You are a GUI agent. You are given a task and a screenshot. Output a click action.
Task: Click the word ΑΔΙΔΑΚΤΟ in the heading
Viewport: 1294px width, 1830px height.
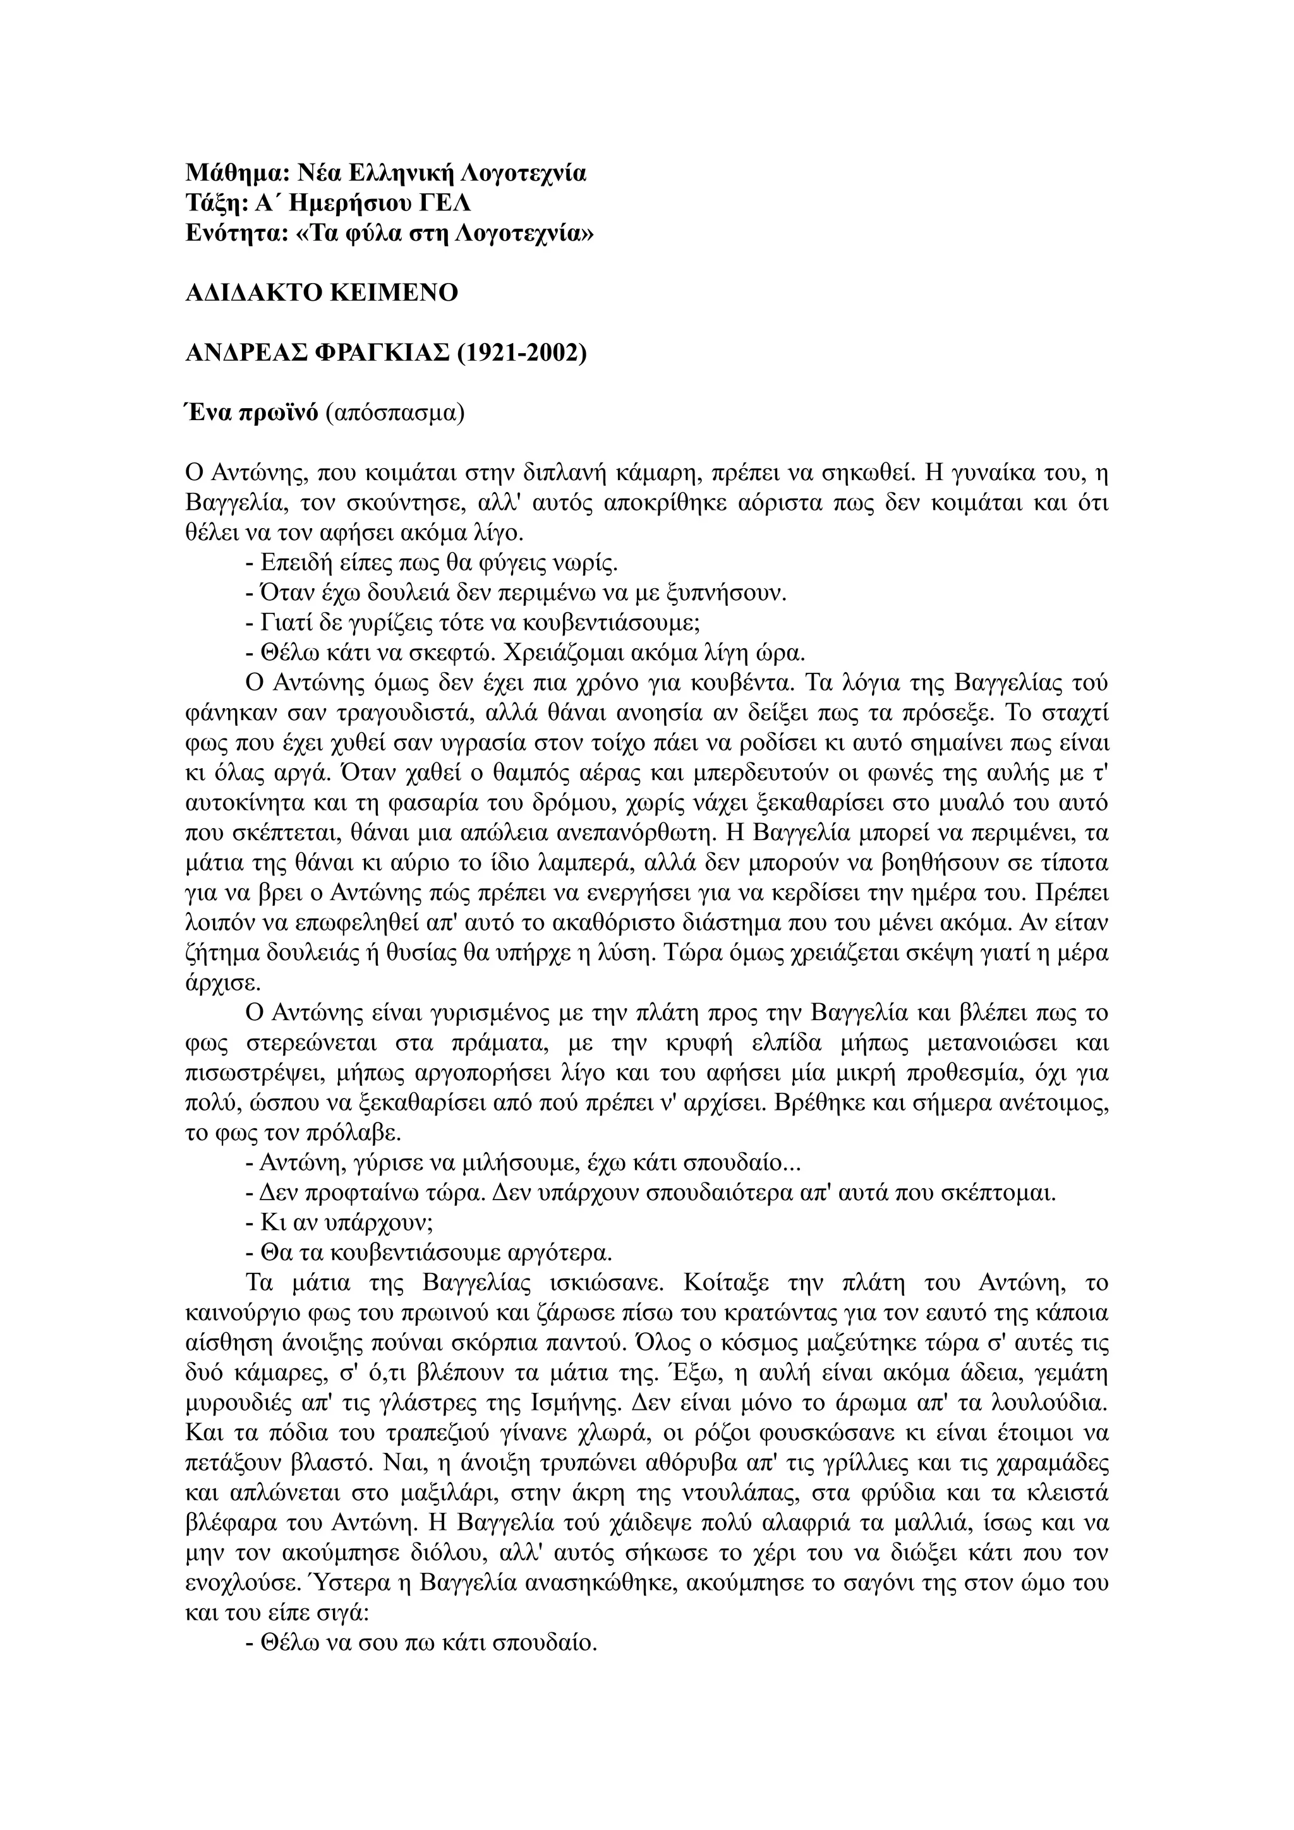click(x=253, y=293)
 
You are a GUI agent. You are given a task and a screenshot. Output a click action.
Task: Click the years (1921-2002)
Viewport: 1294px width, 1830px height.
click(x=521, y=353)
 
